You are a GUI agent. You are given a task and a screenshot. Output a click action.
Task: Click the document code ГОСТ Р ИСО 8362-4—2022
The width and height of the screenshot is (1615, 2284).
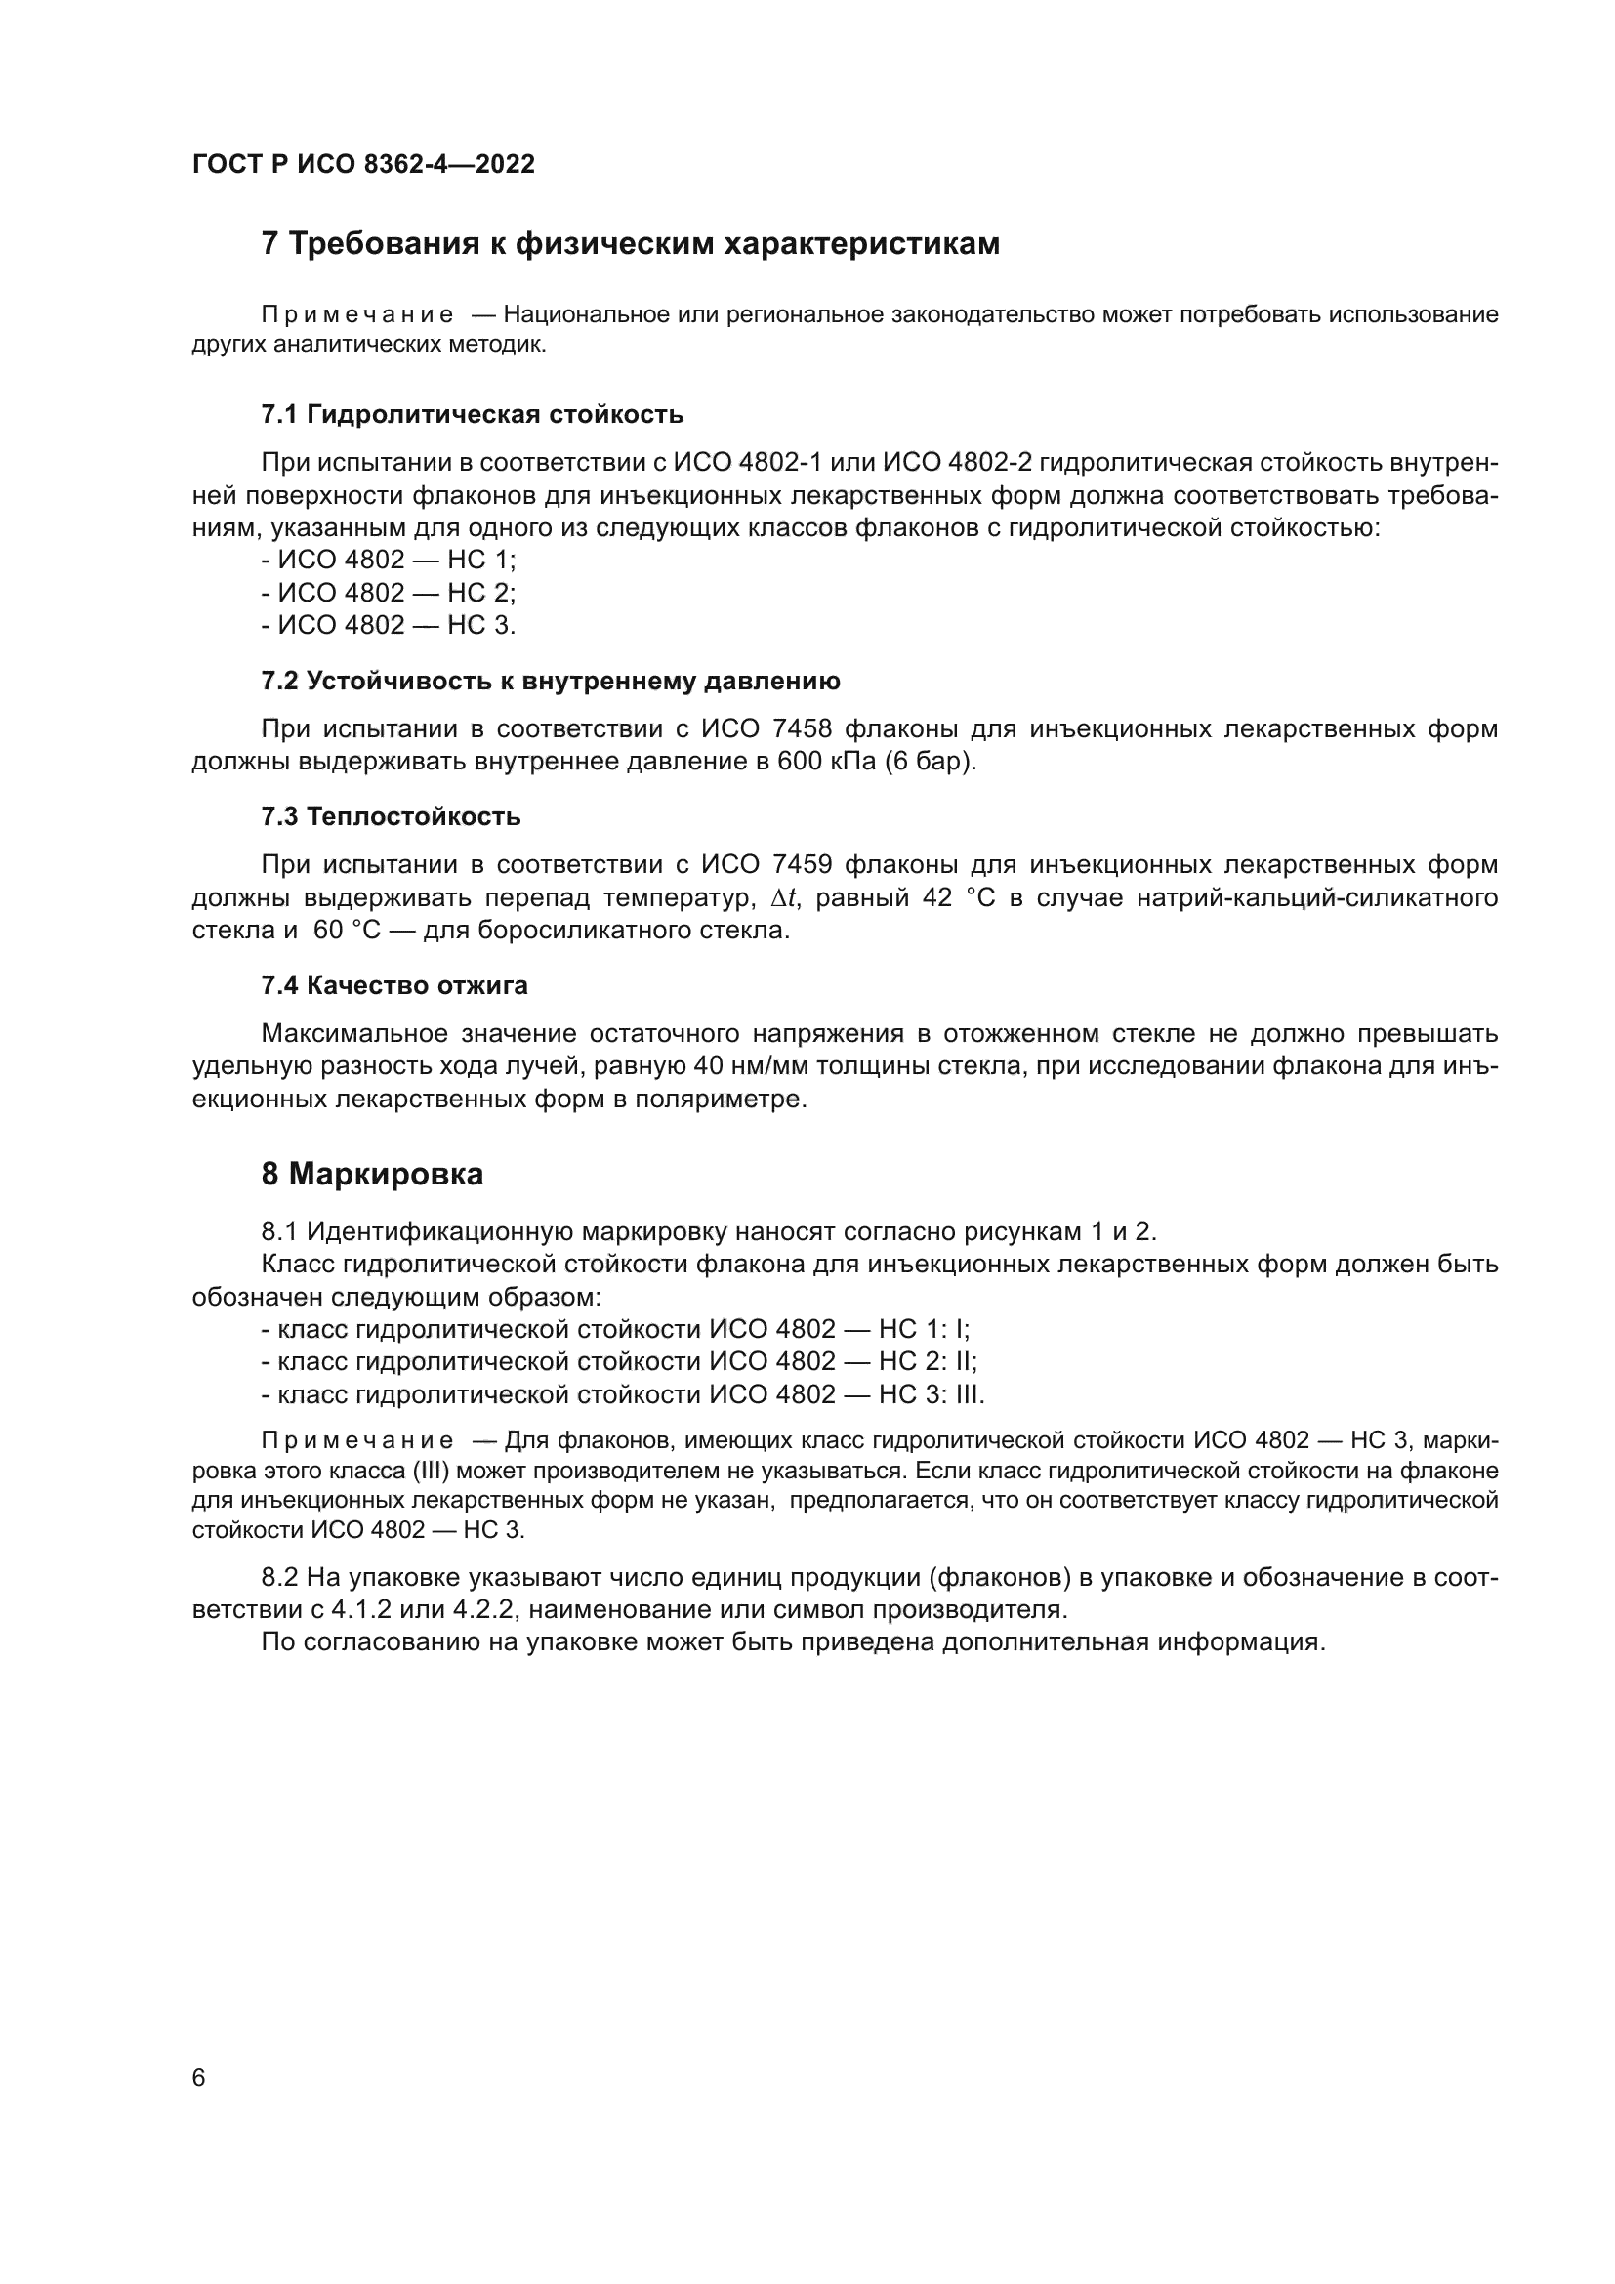363,164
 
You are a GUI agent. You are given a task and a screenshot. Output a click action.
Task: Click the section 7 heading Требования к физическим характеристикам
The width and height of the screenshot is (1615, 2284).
630,244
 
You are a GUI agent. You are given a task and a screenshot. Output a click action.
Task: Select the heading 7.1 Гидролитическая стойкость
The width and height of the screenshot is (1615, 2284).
472,414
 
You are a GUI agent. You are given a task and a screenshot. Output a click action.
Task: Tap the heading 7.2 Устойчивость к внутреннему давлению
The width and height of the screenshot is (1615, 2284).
550,682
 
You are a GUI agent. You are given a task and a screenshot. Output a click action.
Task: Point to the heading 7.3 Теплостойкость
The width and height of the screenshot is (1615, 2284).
391,816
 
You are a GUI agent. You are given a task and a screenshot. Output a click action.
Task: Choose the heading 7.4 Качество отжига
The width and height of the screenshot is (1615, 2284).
393,986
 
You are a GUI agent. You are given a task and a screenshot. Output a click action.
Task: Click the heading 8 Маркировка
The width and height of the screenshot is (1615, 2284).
372,1174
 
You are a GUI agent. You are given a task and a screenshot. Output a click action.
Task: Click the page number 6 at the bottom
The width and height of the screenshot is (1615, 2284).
198,2077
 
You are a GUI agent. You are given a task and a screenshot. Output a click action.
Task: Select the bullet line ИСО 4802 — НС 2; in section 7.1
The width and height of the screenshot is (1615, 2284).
388,593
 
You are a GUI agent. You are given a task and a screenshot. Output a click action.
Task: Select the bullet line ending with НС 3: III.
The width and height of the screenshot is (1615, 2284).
623,1394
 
